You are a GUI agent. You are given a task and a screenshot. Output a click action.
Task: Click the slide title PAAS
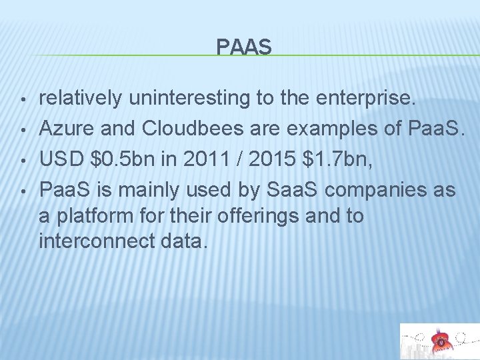coord(244,47)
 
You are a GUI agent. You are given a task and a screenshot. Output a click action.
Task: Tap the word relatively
coord(81,99)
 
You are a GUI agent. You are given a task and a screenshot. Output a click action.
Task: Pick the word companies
coord(379,191)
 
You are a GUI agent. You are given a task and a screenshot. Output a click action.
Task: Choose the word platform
coord(89,216)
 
